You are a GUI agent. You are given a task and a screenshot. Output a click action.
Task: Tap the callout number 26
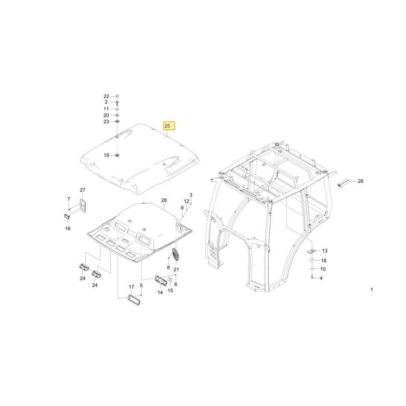click(x=361, y=181)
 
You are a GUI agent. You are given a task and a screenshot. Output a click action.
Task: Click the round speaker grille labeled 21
click(x=176, y=255)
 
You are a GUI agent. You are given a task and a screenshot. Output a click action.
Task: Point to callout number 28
click(x=164, y=200)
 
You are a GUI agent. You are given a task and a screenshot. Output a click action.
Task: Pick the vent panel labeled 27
click(x=83, y=206)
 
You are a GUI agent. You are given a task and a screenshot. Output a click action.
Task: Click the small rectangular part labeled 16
click(x=67, y=216)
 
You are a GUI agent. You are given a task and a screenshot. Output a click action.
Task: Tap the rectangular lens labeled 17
click(x=134, y=300)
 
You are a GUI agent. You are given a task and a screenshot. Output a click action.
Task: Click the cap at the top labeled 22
click(x=117, y=96)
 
